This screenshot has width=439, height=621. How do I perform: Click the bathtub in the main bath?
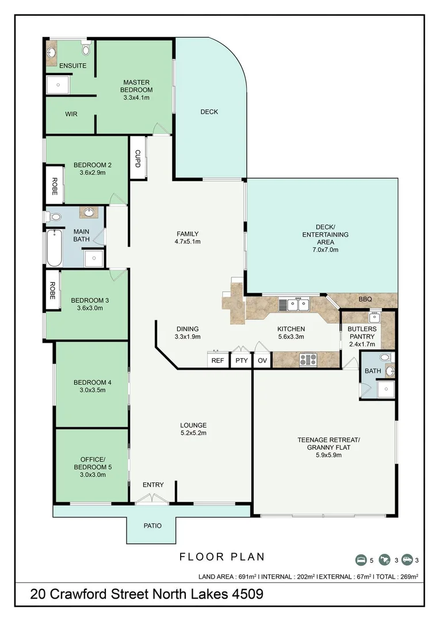[x=54, y=248]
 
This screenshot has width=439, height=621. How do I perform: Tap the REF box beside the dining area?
[x=217, y=361]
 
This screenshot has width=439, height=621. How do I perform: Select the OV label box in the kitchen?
[x=262, y=361]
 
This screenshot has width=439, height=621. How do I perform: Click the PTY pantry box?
[x=241, y=361]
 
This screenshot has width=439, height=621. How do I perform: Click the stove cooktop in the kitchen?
[x=308, y=360]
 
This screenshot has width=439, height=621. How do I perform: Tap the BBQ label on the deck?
[x=365, y=299]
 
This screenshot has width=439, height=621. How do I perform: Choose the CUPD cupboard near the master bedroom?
[x=138, y=158]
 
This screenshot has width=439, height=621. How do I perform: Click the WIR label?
[x=71, y=114]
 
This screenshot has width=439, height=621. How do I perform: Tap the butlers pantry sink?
[x=375, y=316]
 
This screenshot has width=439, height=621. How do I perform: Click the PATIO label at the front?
[x=152, y=526]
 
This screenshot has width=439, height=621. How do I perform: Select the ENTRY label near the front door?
[x=153, y=485]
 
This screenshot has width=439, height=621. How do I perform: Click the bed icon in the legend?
[x=361, y=559]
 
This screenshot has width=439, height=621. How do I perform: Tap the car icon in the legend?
[x=407, y=559]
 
